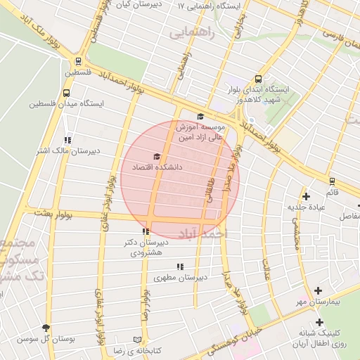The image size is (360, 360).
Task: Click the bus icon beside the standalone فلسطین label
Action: (77, 61)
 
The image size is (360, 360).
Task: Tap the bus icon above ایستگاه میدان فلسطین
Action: (66, 92)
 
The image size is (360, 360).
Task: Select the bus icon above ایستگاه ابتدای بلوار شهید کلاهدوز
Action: (258, 79)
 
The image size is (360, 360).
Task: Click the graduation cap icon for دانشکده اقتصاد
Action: (157, 157)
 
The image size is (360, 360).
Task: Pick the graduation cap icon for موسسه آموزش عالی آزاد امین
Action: (200, 117)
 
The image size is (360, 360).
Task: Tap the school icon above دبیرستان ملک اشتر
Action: (67, 140)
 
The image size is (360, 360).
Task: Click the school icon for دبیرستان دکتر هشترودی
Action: (146, 231)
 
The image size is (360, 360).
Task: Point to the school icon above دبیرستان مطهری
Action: (180, 266)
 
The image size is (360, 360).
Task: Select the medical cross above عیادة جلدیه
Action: (305, 197)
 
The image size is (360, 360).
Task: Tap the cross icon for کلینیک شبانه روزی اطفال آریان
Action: (319, 322)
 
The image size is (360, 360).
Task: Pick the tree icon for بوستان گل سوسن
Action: (46, 328)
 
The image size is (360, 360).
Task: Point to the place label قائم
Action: (332, 191)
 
